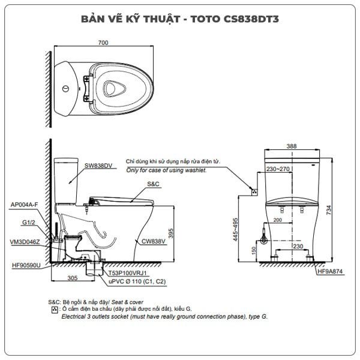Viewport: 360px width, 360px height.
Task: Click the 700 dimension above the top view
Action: click(103, 43)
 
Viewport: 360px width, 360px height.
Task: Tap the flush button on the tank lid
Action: click(65, 89)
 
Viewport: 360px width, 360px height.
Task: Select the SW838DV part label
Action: click(98, 166)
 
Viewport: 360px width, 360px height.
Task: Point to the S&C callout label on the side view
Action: click(153, 184)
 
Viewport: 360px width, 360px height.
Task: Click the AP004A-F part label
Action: click(25, 205)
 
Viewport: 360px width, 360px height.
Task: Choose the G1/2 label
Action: click(29, 223)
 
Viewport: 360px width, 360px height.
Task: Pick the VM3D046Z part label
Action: click(25, 242)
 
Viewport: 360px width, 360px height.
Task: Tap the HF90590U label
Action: click(26, 265)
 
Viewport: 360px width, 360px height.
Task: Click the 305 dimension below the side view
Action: click(73, 278)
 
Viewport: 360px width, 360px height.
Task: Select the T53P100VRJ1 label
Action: click(127, 273)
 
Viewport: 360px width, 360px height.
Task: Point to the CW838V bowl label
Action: click(153, 241)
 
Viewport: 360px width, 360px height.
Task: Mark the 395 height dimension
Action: click(170, 233)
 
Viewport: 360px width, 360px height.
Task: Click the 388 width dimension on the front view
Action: click(292, 146)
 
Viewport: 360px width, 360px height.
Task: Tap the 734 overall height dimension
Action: click(329, 210)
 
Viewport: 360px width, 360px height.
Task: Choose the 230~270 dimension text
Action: click(278, 169)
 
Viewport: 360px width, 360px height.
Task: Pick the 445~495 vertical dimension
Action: click(236, 230)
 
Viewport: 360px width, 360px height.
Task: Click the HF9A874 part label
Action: click(330, 272)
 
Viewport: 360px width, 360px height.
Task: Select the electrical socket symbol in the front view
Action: click(254, 192)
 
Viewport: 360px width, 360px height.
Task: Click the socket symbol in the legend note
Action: click(55, 310)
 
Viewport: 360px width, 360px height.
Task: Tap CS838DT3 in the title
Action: click(251, 19)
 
